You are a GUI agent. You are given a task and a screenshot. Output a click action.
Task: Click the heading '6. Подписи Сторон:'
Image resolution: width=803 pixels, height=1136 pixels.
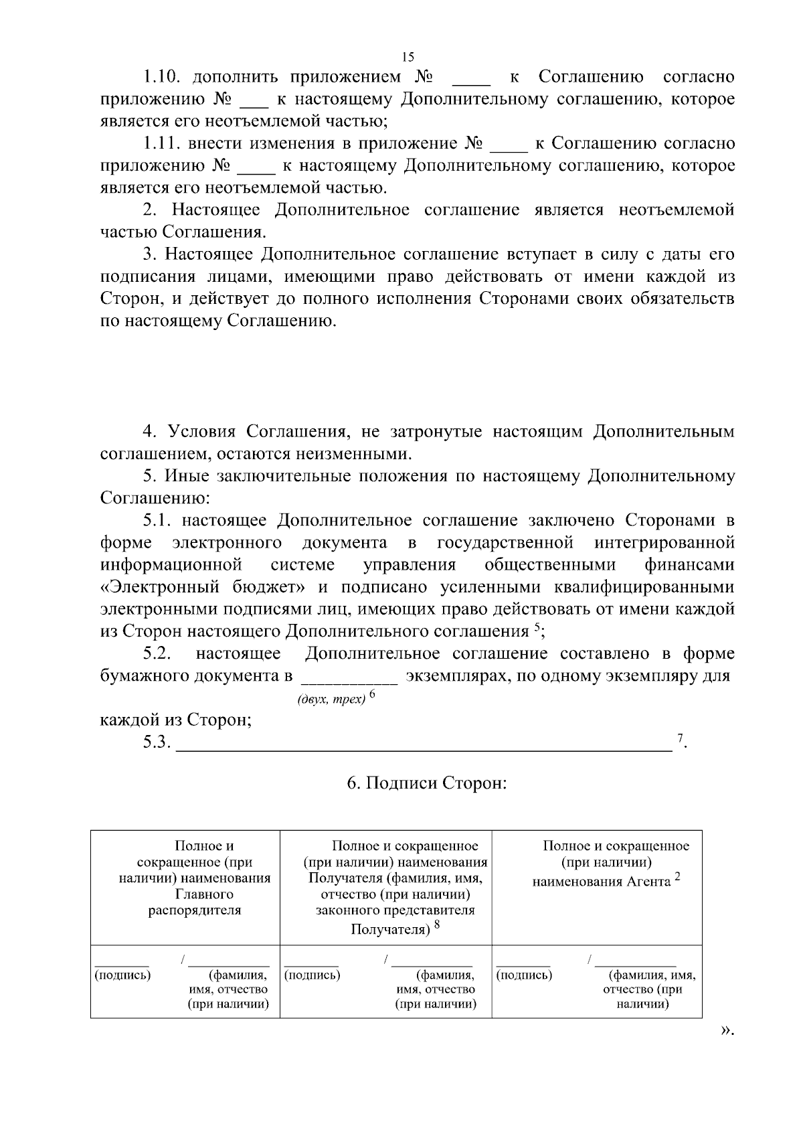426,783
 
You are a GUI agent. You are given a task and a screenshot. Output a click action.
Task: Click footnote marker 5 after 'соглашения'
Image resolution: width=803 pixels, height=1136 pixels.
537,627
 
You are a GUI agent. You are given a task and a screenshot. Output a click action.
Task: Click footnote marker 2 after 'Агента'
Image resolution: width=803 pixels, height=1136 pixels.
677,878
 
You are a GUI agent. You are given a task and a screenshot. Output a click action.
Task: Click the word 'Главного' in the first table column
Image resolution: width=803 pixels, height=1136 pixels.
204,894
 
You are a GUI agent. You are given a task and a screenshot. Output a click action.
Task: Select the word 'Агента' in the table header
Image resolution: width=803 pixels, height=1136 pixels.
648,882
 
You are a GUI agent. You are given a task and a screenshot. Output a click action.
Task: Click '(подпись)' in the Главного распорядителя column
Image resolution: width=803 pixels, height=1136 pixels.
123,975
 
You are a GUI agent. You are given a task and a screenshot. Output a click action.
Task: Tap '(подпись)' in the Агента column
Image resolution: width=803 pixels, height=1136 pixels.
525,975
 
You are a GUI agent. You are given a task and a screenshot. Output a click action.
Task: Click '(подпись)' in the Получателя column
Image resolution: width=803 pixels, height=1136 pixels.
313,975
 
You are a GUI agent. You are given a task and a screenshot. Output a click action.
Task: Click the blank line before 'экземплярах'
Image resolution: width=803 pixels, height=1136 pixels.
350,682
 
